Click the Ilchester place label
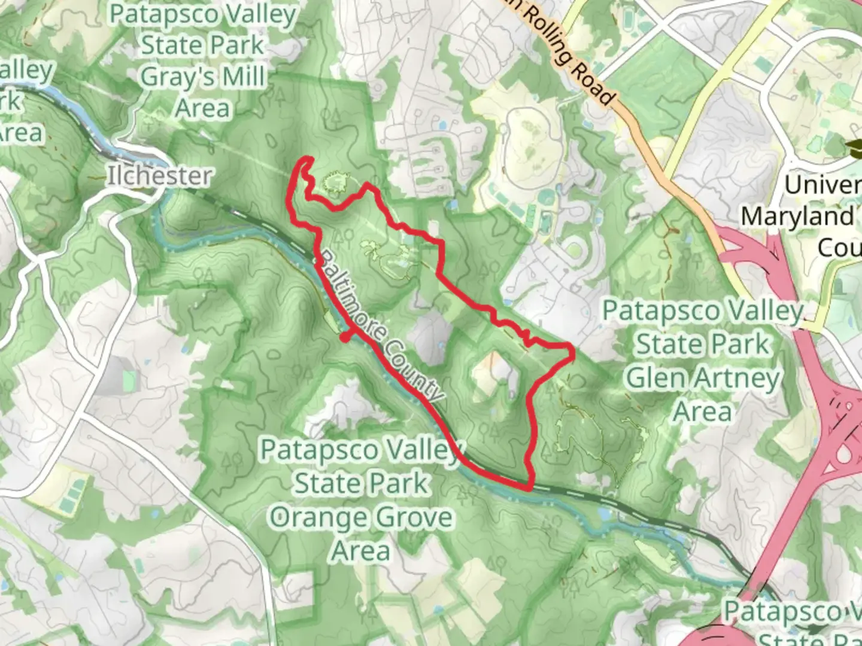pyautogui.click(x=159, y=176)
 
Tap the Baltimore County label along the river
pyautogui.click(x=381, y=325)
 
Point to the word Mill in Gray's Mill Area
pyautogui.click(x=242, y=77)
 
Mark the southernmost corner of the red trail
pyautogui.click(x=529, y=488)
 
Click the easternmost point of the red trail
pyautogui.click(x=573, y=354)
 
